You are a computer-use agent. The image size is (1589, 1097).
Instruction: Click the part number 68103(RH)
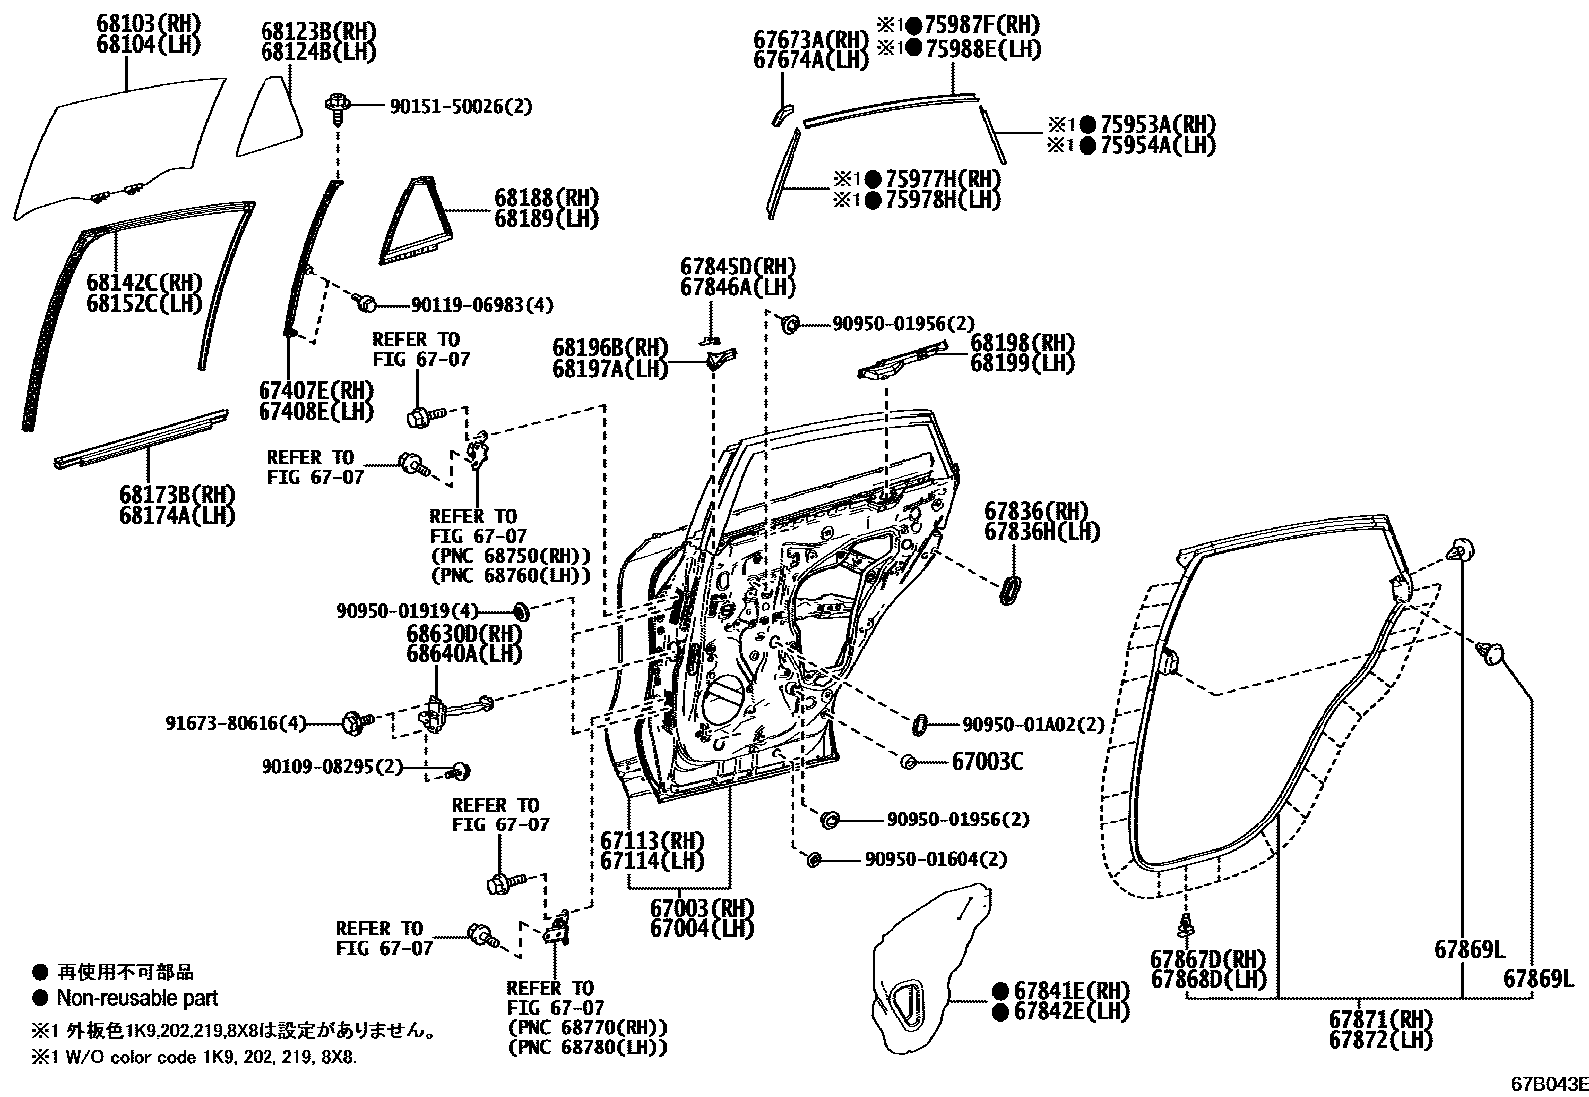[x=148, y=24]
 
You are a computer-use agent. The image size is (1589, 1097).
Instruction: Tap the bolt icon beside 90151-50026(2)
[x=337, y=104]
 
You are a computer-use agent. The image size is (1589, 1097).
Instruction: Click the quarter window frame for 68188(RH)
[x=410, y=220]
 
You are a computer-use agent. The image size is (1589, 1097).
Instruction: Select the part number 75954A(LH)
[x=1157, y=145]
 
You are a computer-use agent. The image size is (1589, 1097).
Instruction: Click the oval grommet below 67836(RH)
[x=1010, y=588]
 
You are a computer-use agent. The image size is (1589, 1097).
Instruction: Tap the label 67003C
[x=987, y=762]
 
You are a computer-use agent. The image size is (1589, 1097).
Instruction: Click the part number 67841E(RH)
[x=1072, y=991]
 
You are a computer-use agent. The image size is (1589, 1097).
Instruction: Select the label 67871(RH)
[x=1380, y=1020]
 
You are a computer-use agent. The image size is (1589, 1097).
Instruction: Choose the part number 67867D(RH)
[x=1208, y=960]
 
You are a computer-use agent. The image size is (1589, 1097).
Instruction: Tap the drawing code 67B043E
[x=1546, y=1083]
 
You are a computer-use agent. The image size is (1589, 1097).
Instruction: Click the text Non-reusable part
[x=136, y=998]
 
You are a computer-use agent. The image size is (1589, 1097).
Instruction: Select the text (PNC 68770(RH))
[x=587, y=1028]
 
